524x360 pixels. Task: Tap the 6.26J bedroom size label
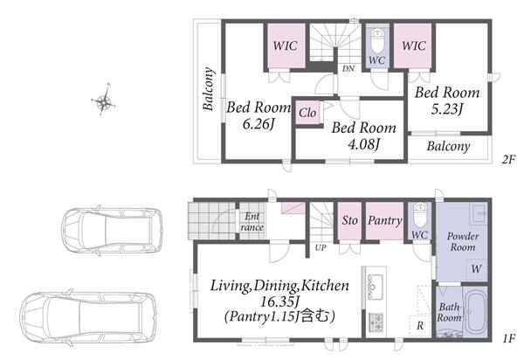[259, 124]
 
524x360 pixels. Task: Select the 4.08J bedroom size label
[363, 144]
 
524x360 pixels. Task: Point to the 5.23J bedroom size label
[447, 109]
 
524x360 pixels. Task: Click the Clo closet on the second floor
[307, 113]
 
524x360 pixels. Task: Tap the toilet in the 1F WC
[420, 216]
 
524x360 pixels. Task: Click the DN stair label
[348, 68]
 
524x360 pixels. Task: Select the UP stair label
[321, 247]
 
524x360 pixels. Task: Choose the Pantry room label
[384, 220]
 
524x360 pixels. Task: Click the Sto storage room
[349, 220]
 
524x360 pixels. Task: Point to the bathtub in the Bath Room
[475, 312]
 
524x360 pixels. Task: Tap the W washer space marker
[477, 269]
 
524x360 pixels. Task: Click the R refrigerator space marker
[420, 325]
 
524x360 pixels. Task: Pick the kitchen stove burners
[376, 322]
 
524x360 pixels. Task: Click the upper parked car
[112, 231]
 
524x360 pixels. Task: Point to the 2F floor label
[508, 159]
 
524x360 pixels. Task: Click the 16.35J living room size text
[279, 301]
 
